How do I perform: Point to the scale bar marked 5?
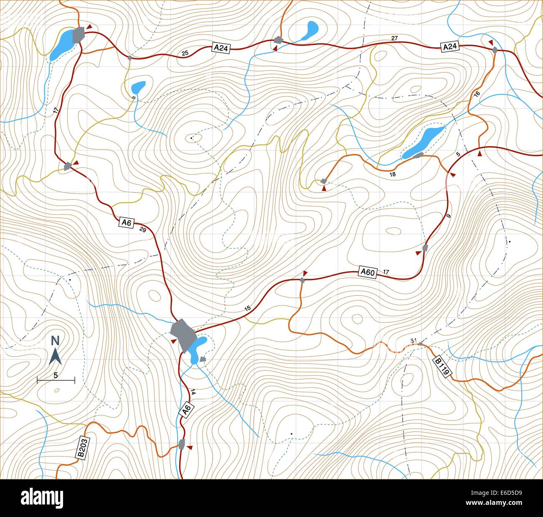(56, 379)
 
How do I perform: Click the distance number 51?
(414, 341)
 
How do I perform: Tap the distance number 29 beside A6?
(142, 229)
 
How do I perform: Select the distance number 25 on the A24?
(185, 53)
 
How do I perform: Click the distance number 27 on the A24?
(394, 38)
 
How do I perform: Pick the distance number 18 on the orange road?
(392, 174)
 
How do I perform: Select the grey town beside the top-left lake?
(78, 35)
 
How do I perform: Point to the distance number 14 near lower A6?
(193, 392)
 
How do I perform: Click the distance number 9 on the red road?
(449, 216)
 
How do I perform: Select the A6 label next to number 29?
(126, 222)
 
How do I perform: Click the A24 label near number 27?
(449, 47)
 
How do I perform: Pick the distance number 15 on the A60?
(247, 308)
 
